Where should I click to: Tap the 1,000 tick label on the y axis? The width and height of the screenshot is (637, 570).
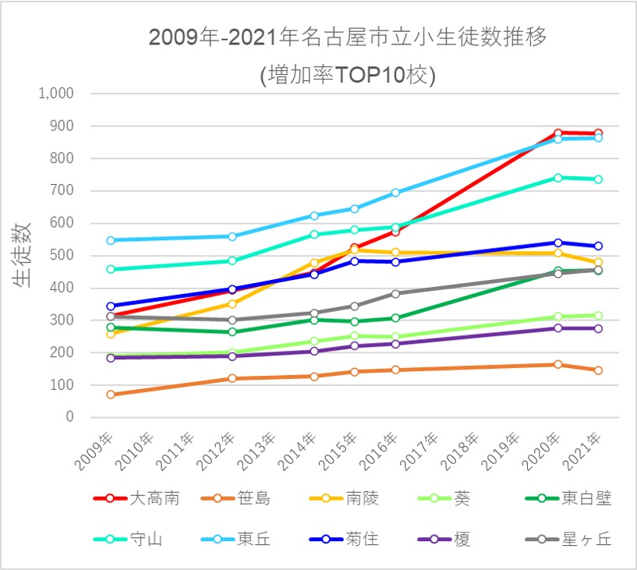click(55, 94)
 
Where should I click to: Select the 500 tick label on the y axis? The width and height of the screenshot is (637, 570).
click(62, 256)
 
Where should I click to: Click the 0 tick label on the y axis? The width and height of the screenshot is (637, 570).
click(69, 417)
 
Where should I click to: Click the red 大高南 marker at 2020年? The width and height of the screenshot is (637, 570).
click(557, 133)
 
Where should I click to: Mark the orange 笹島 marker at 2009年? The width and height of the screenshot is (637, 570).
click(111, 395)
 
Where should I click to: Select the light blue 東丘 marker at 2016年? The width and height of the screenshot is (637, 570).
click(395, 193)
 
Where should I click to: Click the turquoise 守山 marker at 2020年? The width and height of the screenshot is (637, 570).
click(557, 178)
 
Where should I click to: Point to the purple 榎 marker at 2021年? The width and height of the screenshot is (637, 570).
click(598, 329)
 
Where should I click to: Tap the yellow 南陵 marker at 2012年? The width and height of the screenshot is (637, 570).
click(232, 304)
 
